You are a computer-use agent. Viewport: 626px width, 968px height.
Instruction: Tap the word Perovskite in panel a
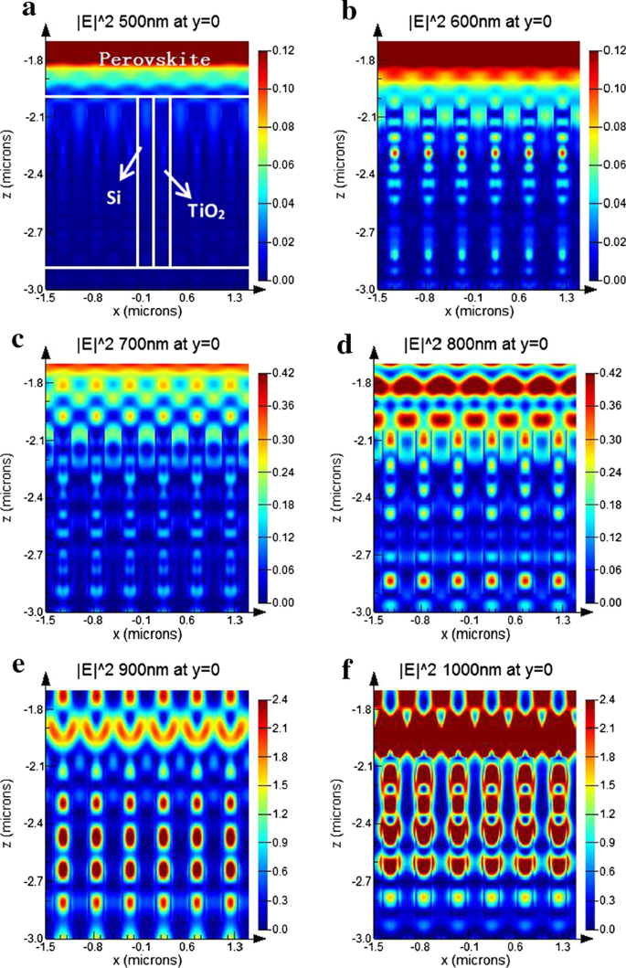pyautogui.click(x=146, y=59)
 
